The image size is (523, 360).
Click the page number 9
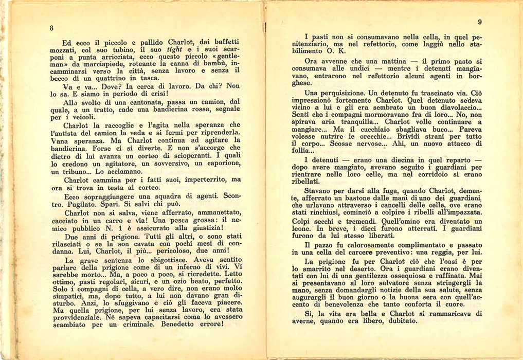(x=479, y=22)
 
